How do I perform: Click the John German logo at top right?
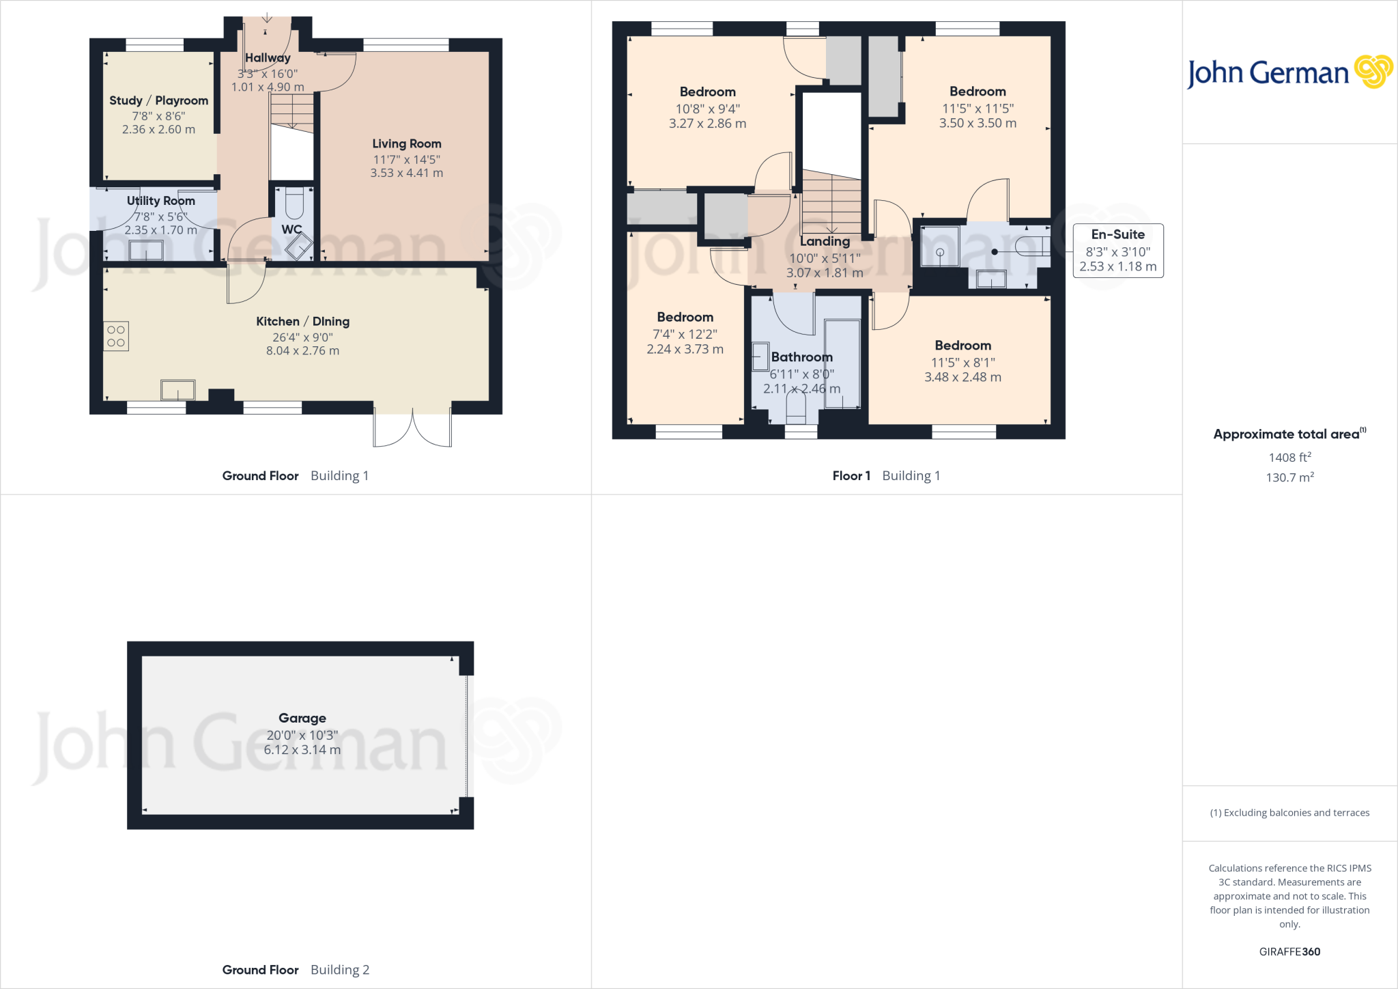pyautogui.click(x=1289, y=72)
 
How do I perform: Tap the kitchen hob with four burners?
pyautogui.click(x=116, y=336)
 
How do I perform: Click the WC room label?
pyautogui.click(x=291, y=229)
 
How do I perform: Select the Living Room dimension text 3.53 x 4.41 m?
pyautogui.click(x=406, y=173)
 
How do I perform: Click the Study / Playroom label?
pyautogui.click(x=158, y=100)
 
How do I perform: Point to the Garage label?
pyautogui.click(x=302, y=718)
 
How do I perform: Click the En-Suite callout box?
pyautogui.click(x=1117, y=251)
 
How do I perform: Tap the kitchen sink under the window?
pyautogui.click(x=177, y=390)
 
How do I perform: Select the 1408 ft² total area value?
pyautogui.click(x=1289, y=458)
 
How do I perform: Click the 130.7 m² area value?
pyautogui.click(x=1289, y=477)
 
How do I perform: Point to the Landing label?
pyautogui.click(x=825, y=242)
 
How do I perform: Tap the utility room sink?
pyautogui.click(x=146, y=250)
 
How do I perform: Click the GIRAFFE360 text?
pyautogui.click(x=1289, y=951)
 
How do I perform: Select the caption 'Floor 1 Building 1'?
pyautogui.click(x=886, y=476)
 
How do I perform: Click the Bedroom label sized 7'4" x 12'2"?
pyautogui.click(x=685, y=317)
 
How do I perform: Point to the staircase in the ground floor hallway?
pyautogui.click(x=292, y=113)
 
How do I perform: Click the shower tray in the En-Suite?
pyautogui.click(x=940, y=246)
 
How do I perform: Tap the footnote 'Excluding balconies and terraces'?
pyautogui.click(x=1289, y=813)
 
